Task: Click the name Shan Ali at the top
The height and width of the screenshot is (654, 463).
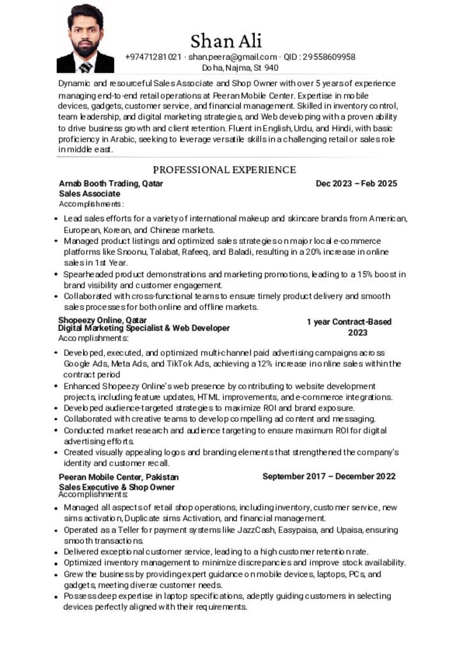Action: tap(226, 42)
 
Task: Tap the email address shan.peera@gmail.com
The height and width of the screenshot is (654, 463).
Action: tap(232, 57)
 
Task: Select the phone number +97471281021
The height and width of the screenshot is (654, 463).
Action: tap(153, 57)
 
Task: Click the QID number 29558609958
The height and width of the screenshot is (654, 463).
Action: tap(328, 57)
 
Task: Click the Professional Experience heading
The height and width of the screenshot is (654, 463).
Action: tap(224, 170)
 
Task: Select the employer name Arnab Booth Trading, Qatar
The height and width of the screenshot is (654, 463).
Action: tap(110, 183)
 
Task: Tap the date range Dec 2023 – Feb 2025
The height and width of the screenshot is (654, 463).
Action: tap(356, 183)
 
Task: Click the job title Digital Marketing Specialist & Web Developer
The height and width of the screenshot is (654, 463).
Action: tap(144, 328)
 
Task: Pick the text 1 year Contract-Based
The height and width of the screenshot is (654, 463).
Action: tap(349, 322)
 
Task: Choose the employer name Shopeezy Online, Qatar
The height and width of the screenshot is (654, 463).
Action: tap(102, 320)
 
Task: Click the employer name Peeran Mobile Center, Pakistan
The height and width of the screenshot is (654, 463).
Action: tap(119, 476)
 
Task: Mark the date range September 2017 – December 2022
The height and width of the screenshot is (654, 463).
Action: tap(329, 476)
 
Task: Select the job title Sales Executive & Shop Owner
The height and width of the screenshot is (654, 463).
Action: tap(116, 487)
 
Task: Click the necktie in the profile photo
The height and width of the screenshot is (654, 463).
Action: tap(86, 67)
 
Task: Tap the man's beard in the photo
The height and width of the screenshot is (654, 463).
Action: tap(85, 49)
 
